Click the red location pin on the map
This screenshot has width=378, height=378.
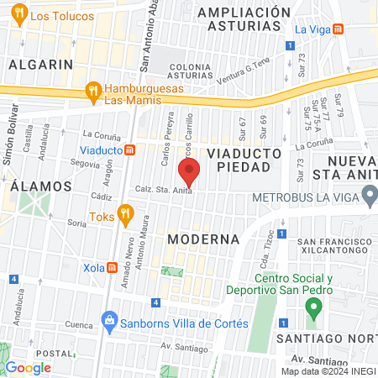click(x=190, y=171)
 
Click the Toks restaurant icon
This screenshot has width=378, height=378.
click(x=126, y=215)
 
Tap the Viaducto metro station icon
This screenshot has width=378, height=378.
click(x=130, y=150)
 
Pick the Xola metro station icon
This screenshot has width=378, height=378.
click(x=112, y=266)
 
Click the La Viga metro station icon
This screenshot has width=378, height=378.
click(x=338, y=29)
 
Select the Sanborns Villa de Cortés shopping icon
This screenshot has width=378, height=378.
click(x=109, y=320)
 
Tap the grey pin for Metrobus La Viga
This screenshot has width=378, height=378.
click(x=370, y=198)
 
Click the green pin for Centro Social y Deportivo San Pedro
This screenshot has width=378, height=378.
click(x=313, y=307)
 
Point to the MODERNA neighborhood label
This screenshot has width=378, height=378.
click(x=204, y=239)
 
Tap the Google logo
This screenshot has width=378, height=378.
click(x=29, y=367)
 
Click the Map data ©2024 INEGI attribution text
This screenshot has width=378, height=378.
click(x=327, y=371)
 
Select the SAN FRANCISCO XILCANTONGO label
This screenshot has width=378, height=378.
click(x=335, y=246)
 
